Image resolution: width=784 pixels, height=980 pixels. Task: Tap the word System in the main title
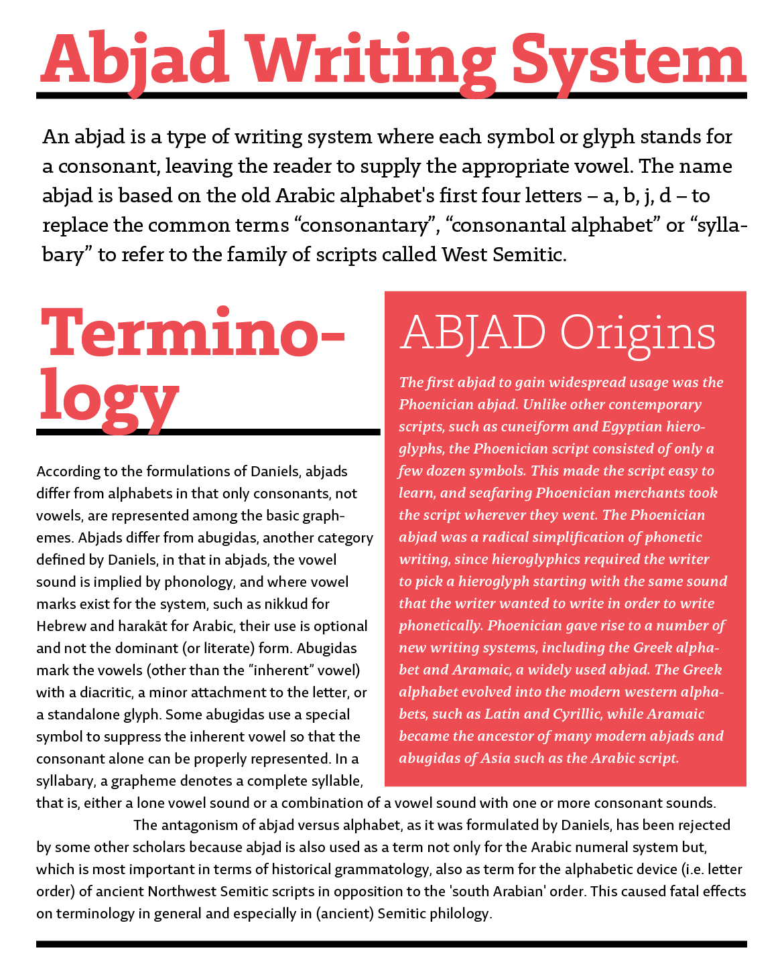(628, 60)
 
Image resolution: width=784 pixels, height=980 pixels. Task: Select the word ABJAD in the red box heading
(472, 333)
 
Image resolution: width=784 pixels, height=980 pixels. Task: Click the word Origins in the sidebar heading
(639, 333)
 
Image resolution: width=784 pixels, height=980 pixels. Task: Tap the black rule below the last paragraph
(391, 944)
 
